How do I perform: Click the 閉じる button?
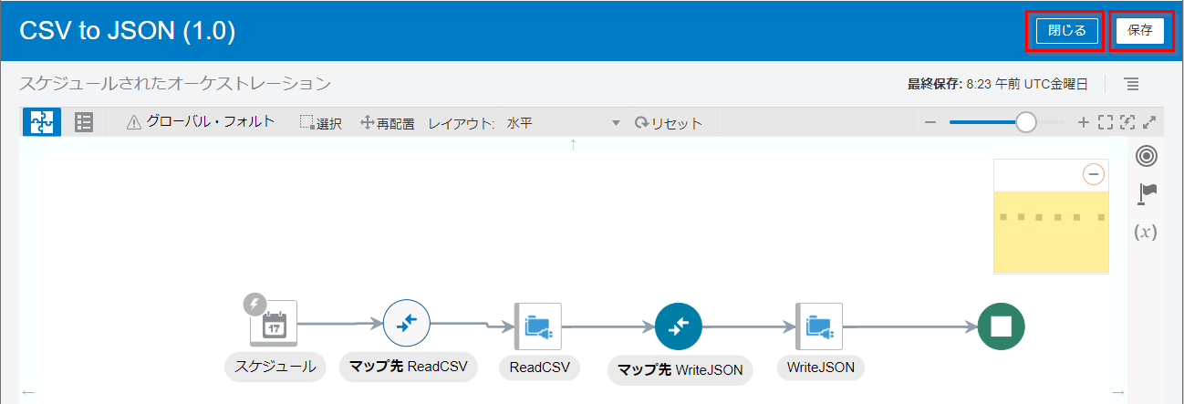pyautogui.click(x=1066, y=31)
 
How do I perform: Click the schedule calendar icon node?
pyautogui.click(x=274, y=324)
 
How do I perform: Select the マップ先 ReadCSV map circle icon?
pyautogui.click(x=406, y=323)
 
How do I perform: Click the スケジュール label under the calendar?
pyautogui.click(x=275, y=367)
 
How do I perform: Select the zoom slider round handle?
pyautogui.click(x=1026, y=122)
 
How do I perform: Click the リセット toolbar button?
pyautogui.click(x=669, y=123)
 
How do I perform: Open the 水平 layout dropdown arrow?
pyautogui.click(x=616, y=123)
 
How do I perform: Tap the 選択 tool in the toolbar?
pyautogui.click(x=321, y=123)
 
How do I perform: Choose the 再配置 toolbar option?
pyautogui.click(x=388, y=123)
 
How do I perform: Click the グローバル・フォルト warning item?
pyautogui.click(x=201, y=122)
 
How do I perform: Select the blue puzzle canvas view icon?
pyautogui.click(x=41, y=122)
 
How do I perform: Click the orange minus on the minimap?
pyautogui.click(x=1093, y=174)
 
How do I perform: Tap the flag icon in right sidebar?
pyautogui.click(x=1148, y=193)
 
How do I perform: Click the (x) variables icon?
pyautogui.click(x=1146, y=232)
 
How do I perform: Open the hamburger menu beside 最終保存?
pyautogui.click(x=1131, y=84)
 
